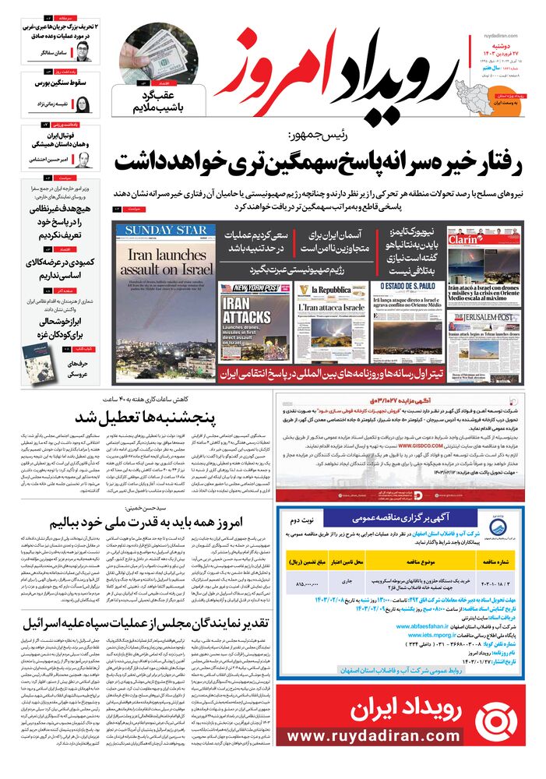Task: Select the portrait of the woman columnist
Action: [x=83, y=105]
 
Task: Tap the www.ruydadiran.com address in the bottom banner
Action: [x=402, y=758]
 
